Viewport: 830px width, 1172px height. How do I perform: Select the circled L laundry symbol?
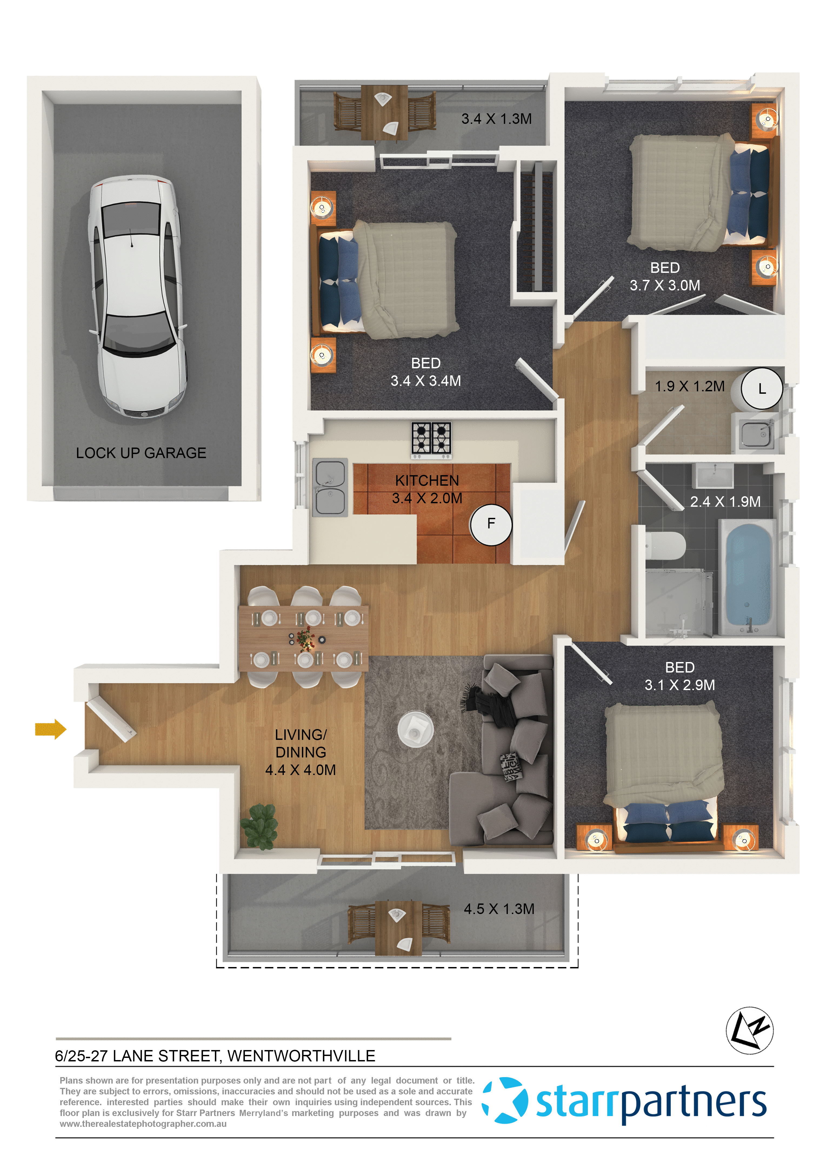[762, 389]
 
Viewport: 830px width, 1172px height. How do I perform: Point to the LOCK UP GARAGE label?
[141, 453]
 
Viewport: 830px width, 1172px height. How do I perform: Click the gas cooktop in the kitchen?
[431, 439]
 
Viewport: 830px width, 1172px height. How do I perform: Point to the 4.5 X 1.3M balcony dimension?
[499, 909]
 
